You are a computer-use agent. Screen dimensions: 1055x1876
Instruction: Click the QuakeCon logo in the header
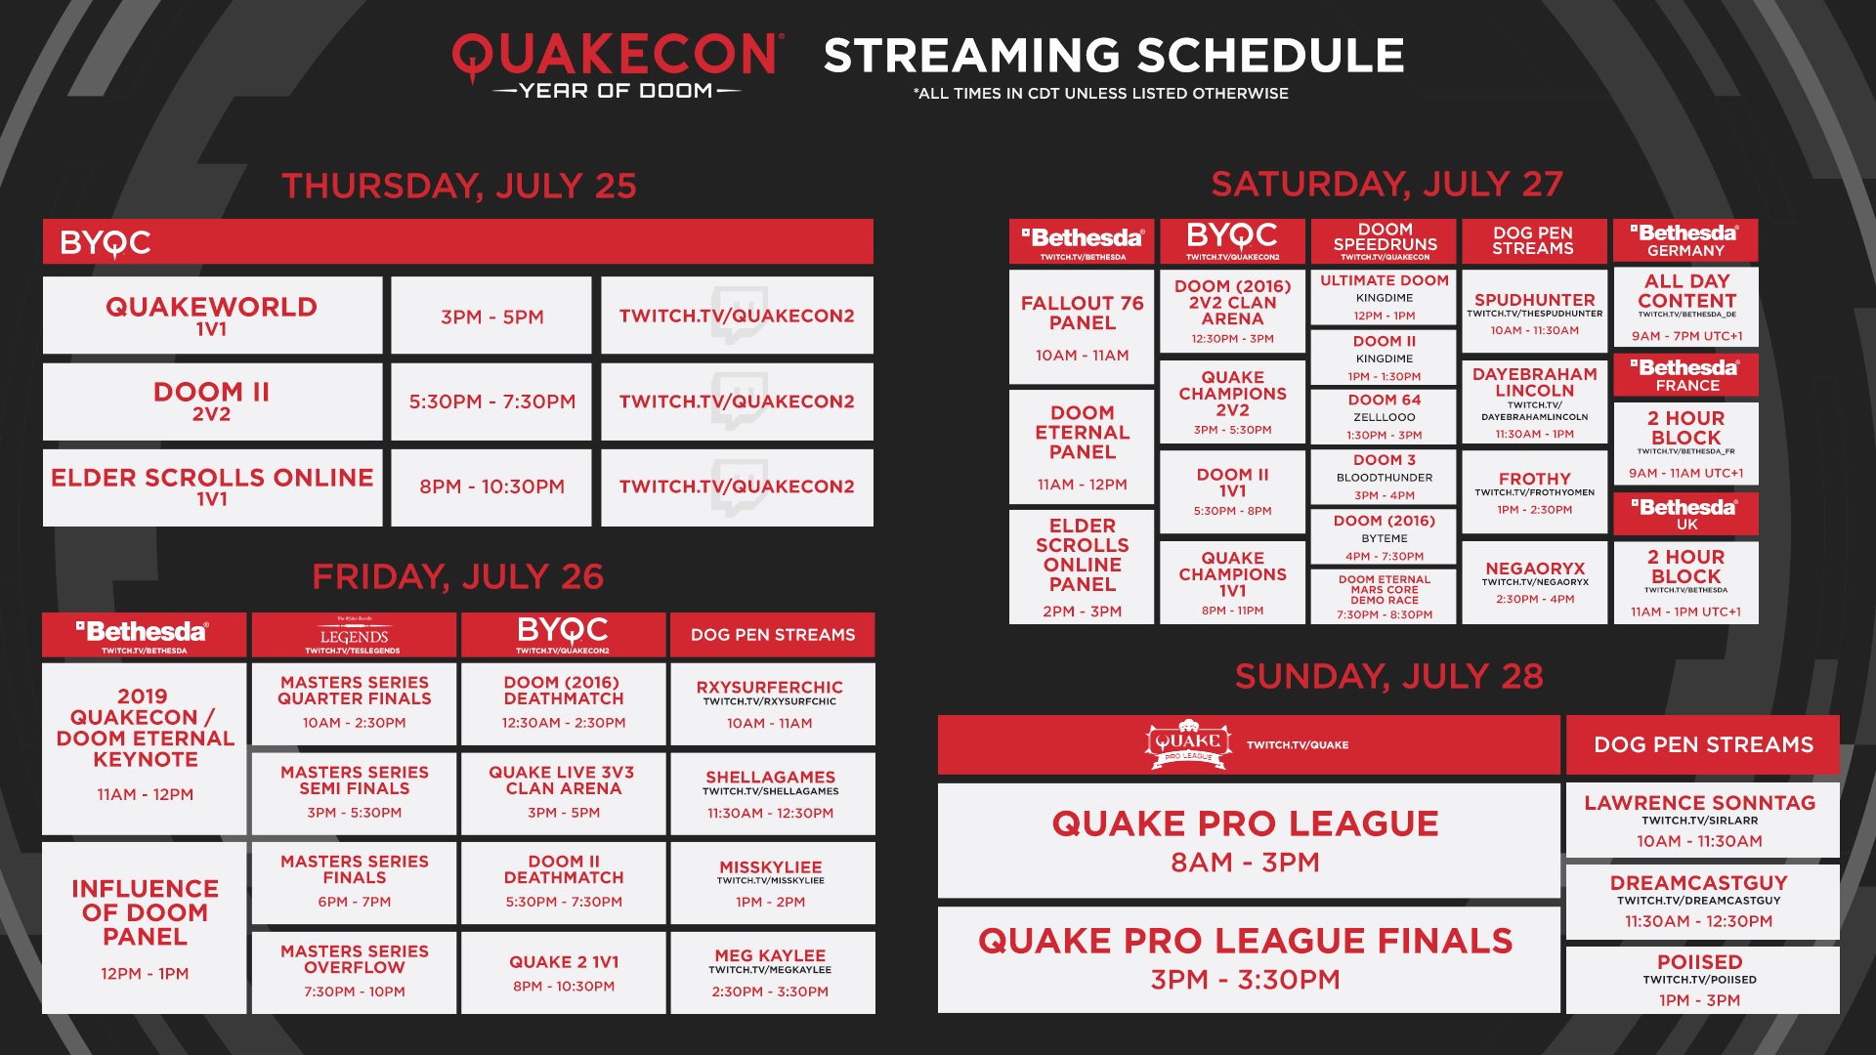point(617,64)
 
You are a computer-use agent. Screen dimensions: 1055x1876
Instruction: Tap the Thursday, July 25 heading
point(458,186)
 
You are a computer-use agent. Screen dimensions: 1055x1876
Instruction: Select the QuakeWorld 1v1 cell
point(212,316)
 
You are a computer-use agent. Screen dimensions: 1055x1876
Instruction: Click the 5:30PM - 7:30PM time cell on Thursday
point(491,401)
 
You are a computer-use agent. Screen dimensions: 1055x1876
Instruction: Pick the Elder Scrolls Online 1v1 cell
point(212,486)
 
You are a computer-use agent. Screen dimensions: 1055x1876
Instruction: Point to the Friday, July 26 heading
point(457,576)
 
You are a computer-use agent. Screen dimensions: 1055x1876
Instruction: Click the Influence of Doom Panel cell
point(145,927)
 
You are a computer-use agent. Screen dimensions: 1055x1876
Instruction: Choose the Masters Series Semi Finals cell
point(354,792)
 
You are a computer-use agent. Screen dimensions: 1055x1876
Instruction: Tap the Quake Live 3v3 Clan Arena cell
point(563,792)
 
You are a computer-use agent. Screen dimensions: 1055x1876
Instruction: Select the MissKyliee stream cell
point(771,883)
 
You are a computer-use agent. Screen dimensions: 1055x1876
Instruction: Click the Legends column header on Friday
point(354,635)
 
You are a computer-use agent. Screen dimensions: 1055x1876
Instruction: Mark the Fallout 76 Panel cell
point(1082,326)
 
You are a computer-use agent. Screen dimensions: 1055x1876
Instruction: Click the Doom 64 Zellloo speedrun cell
point(1385,416)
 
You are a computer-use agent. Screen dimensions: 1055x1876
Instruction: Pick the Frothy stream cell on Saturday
point(1534,491)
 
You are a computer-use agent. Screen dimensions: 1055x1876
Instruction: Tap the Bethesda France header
point(1685,374)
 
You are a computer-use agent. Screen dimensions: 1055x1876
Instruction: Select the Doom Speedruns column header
point(1385,240)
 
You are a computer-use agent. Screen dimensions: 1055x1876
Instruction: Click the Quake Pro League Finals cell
point(1247,959)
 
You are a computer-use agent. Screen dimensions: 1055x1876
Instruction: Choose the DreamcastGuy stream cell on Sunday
point(1701,901)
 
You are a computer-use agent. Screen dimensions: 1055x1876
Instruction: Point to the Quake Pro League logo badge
point(1187,745)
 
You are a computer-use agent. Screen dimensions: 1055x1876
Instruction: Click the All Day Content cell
point(1685,307)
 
